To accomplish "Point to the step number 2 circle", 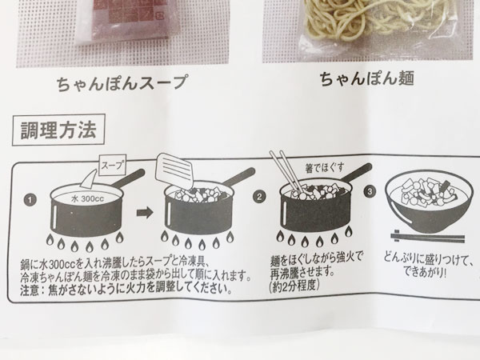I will (x=258, y=196).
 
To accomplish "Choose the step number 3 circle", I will (x=370, y=192).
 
